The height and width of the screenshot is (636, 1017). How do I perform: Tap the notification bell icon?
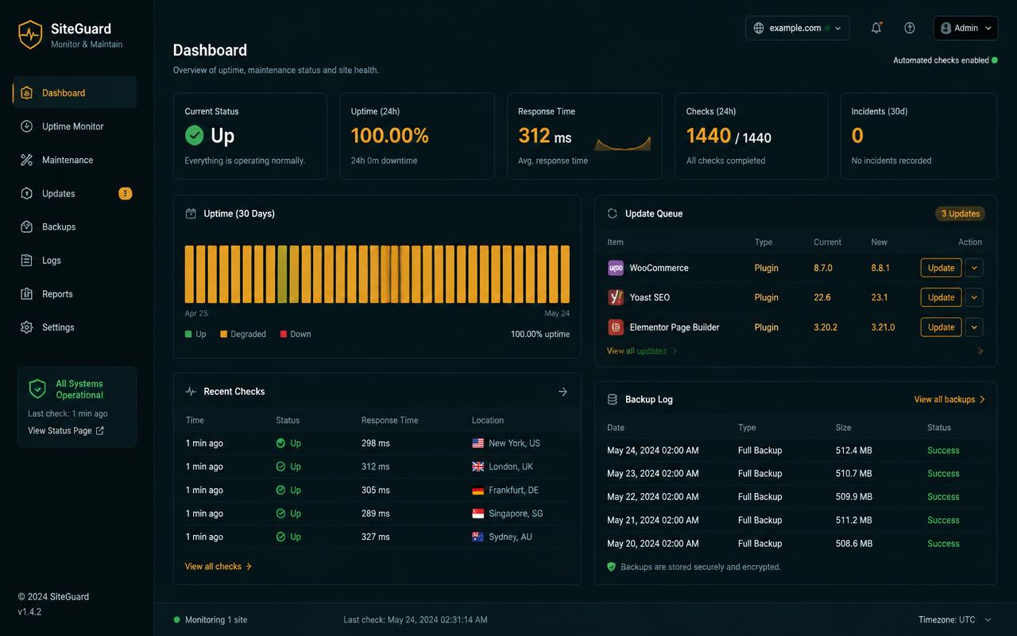[x=876, y=28]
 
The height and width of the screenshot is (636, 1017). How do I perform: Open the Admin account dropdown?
[x=965, y=28]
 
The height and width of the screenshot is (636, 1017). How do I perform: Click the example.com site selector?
[x=797, y=28]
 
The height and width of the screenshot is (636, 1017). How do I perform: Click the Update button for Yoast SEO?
[x=941, y=297]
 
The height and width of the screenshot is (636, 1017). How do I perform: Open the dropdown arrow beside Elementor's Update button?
[x=974, y=327]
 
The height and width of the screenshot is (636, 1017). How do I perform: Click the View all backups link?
[x=949, y=399]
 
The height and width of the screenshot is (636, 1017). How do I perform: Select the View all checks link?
[x=218, y=567]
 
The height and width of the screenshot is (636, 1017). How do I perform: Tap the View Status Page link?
[x=66, y=431]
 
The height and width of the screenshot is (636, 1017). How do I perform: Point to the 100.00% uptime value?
[x=389, y=135]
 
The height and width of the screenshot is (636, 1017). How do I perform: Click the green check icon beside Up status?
[x=195, y=135]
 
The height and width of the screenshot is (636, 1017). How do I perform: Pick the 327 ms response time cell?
[x=376, y=537]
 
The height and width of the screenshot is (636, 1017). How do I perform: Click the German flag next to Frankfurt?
[x=478, y=491]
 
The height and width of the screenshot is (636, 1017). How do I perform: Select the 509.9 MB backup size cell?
[x=853, y=497]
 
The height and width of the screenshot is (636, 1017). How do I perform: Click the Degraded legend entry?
[x=243, y=334]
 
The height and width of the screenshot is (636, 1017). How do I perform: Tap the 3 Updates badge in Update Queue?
[x=961, y=214]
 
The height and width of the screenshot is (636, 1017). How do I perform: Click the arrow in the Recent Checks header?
[x=563, y=392]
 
